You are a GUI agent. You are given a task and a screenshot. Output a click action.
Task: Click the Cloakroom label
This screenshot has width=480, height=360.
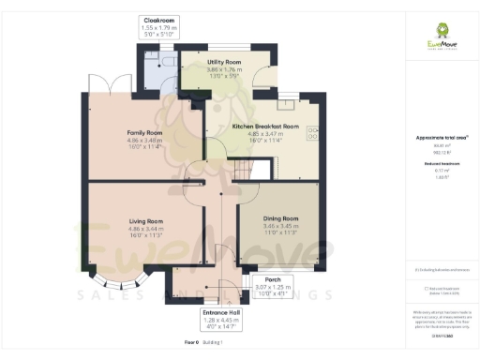pyautogui.click(x=158, y=20)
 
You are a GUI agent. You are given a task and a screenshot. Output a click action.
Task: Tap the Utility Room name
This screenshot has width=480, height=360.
pyautogui.click(x=224, y=62)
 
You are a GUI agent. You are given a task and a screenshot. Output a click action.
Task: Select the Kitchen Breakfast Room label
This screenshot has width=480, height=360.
pyautogui.click(x=265, y=126)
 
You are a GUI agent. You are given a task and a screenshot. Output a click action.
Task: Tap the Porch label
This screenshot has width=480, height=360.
pyautogui.click(x=274, y=279)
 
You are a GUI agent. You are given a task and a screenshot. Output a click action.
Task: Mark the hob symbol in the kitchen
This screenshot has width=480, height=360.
pyautogui.click(x=312, y=133)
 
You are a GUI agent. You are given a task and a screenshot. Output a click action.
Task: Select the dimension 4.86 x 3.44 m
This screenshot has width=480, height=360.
pyautogui.click(x=145, y=229)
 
